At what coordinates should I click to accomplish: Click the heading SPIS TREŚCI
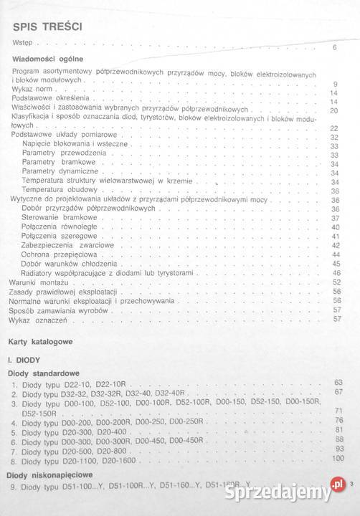point(47,27)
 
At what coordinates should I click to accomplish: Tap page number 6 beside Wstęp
point(335,47)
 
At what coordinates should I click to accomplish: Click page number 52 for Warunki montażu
point(334,282)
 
